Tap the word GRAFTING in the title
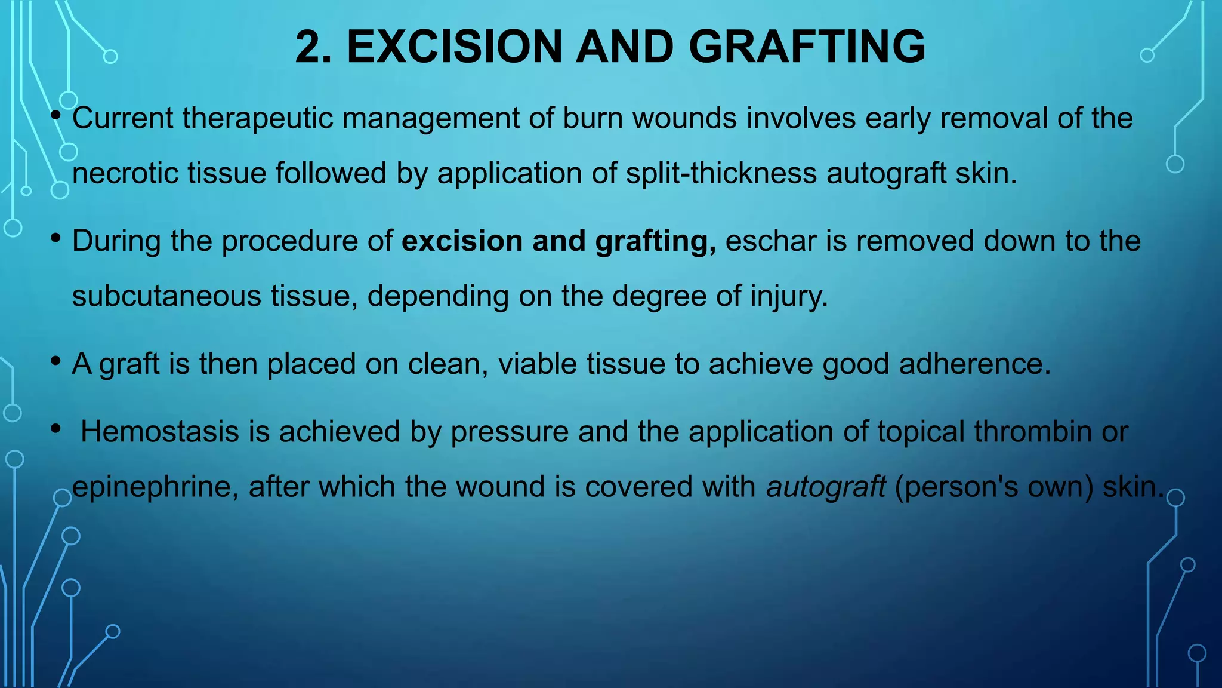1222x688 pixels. (x=807, y=47)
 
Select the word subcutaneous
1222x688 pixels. (x=166, y=296)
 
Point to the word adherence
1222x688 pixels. (x=974, y=364)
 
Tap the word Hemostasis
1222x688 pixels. (x=159, y=431)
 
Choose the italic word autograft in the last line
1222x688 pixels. (x=826, y=487)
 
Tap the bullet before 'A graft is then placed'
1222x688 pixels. (x=56, y=360)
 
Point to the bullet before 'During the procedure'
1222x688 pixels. (x=56, y=238)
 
